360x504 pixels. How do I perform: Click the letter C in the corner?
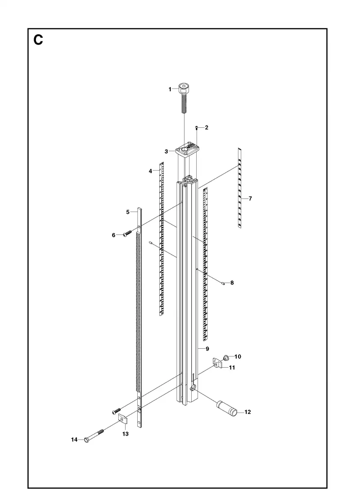pos(38,40)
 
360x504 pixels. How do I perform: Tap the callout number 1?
pos(170,90)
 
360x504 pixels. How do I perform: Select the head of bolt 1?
pos(184,87)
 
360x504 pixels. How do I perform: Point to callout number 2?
pos(207,128)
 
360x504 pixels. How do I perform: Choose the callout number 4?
pos(150,171)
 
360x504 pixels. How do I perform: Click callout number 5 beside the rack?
pos(128,212)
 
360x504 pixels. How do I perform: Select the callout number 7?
pos(250,198)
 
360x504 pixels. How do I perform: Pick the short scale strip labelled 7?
pos(239,188)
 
